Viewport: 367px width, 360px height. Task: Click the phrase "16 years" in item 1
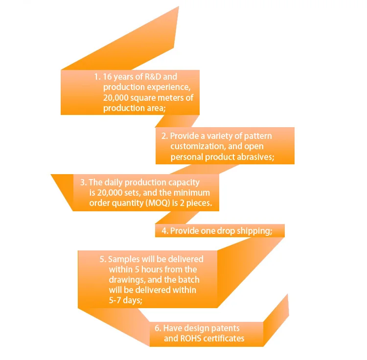pyautogui.click(x=119, y=77)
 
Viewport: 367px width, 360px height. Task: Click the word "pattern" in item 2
pyautogui.click(x=257, y=136)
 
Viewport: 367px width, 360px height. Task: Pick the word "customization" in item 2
pyautogui.click(x=195, y=147)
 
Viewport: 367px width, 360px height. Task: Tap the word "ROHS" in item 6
pyautogui.click(x=190, y=338)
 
